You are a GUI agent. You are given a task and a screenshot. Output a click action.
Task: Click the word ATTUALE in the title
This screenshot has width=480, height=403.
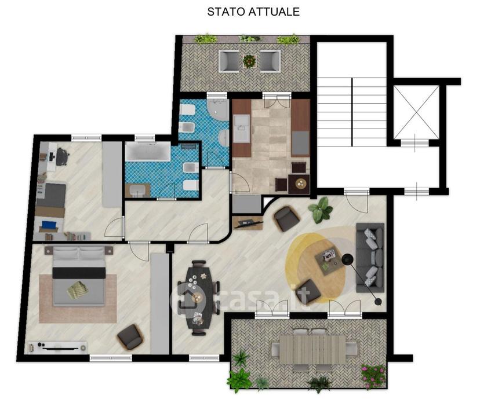pyautogui.click(x=274, y=12)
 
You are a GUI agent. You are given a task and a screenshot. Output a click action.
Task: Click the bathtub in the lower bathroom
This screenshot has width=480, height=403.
pyautogui.click(x=148, y=151)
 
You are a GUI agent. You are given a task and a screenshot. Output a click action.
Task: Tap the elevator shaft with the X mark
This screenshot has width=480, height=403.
pyautogui.click(x=416, y=112)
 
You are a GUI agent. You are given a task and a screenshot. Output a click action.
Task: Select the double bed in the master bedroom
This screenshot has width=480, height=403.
pyautogui.click(x=79, y=276)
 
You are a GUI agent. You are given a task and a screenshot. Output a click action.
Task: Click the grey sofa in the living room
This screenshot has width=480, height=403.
pyautogui.click(x=370, y=258)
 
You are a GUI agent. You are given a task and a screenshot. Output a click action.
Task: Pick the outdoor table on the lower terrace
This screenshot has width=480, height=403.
pyautogui.click(x=312, y=350)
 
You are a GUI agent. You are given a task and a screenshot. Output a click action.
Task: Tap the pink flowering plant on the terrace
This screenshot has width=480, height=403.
pyautogui.click(x=374, y=376)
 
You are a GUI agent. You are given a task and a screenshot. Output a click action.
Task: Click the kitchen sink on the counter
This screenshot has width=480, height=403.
pyautogui.click(x=242, y=129)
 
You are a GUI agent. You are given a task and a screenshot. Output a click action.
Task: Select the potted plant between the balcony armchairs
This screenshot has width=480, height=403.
pyautogui.click(x=249, y=61)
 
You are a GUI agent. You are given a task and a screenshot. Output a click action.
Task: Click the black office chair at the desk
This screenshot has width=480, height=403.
pyautogui.click(x=61, y=156)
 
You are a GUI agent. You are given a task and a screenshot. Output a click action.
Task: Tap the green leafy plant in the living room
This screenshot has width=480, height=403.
pyautogui.click(x=321, y=210)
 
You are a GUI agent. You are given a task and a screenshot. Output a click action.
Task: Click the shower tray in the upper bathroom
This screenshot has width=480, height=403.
pyautogui.click(x=217, y=109)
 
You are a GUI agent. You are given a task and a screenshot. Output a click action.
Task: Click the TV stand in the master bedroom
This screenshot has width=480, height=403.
pyautogui.click(x=57, y=347)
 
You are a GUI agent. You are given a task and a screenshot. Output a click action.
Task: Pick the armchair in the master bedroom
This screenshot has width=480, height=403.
pyautogui.click(x=130, y=337)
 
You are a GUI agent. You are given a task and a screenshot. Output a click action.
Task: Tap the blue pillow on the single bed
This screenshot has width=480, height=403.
pyautogui.click(x=49, y=225)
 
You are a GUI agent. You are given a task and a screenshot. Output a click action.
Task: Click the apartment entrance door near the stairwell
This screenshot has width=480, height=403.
pyautogui.click(x=357, y=200)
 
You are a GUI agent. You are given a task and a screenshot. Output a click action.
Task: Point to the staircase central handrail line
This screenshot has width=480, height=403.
pyautogui.click(x=352, y=112)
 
